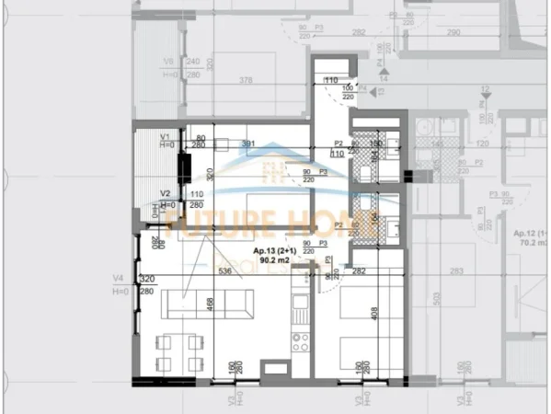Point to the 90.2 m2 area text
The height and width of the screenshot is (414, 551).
[275, 260]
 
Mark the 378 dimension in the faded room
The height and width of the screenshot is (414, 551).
[245, 80]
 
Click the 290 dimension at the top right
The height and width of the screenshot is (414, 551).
[452, 32]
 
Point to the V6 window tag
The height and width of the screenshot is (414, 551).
[167, 62]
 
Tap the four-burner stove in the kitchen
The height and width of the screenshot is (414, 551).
[301, 343]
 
